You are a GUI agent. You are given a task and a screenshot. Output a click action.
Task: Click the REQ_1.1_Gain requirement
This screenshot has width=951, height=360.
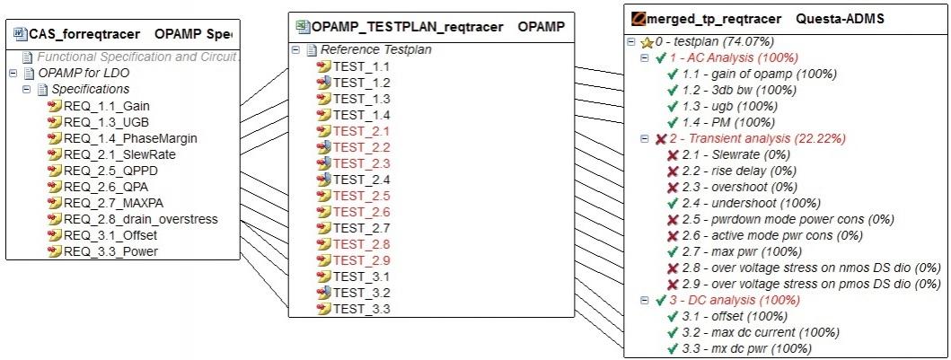tap(106, 106)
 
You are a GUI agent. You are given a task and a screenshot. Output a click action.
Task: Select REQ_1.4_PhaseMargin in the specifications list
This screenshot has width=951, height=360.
tap(130, 138)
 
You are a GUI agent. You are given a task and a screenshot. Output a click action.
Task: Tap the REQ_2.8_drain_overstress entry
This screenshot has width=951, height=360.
tap(140, 219)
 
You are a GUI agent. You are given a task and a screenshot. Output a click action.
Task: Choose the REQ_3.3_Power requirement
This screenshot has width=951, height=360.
tap(110, 250)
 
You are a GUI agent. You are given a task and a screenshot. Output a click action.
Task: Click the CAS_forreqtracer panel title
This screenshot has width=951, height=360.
tap(84, 34)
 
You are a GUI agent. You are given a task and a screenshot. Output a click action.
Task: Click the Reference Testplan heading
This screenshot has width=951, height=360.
tap(376, 49)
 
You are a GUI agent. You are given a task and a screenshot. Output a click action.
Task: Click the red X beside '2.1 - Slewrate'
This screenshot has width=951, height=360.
tap(672, 155)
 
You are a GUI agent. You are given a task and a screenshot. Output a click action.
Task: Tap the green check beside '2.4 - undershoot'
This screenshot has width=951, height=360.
tap(672, 203)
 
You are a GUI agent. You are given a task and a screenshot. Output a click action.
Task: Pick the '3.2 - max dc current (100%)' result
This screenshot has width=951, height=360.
tap(761, 333)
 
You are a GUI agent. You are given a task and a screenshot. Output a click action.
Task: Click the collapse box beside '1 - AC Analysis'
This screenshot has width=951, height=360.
tap(645, 58)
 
